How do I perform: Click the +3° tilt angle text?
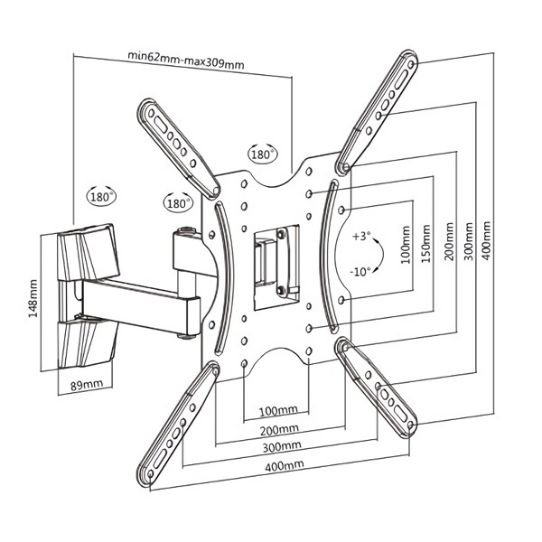361,237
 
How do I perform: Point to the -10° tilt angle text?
361,270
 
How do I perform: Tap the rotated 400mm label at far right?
488,242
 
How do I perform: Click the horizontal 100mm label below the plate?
277,409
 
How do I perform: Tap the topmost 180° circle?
264,154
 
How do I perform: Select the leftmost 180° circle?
102,194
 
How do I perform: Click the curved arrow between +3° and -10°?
377,254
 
